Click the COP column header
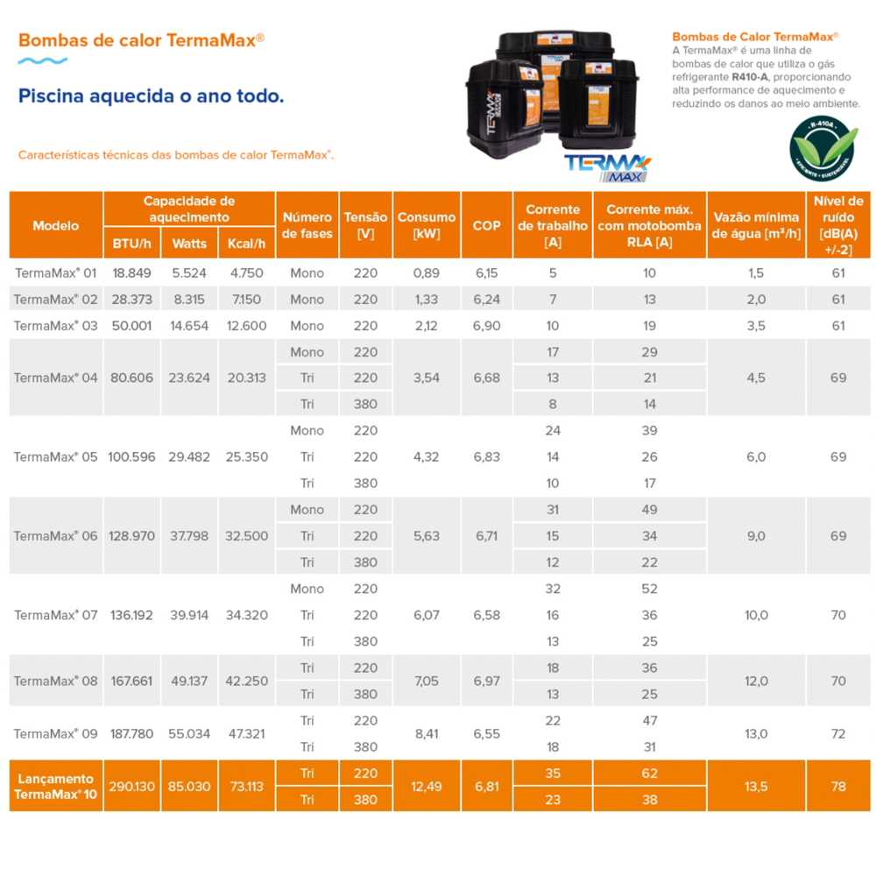pos(486,225)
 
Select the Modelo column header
pos(55,225)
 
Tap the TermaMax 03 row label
pos(55,325)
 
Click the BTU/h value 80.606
pos(131,378)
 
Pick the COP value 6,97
pos(486,681)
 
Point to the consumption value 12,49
pos(427,786)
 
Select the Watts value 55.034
pos(189,733)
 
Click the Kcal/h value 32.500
pos(246,535)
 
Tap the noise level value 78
pos(838,786)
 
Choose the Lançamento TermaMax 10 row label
pos(55,786)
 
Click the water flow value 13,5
pos(756,786)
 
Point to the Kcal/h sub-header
pos(246,243)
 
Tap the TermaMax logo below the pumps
pos(606,166)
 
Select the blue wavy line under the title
pos(43,61)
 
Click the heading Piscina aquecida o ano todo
pos(152,95)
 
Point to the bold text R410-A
pos(750,77)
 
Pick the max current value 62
pos(649,773)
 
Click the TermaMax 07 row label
pos(55,615)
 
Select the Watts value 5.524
pos(189,272)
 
